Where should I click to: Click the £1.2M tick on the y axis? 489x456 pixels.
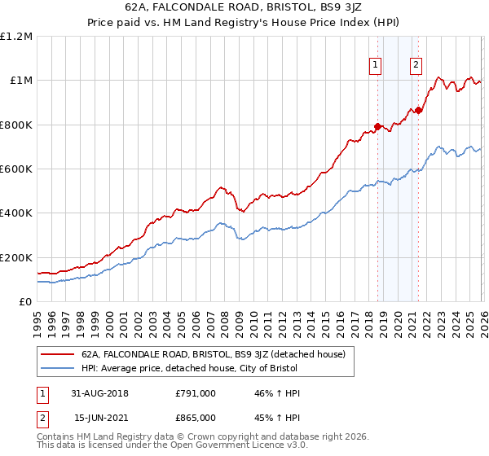(x=16, y=36)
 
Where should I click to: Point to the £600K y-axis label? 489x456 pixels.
(x=16, y=169)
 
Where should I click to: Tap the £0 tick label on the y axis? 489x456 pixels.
(x=25, y=301)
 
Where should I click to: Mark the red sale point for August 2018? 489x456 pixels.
(x=377, y=126)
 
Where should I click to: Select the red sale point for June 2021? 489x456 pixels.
(x=418, y=110)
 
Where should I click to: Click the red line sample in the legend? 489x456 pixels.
(x=58, y=354)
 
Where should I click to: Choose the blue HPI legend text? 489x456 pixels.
(x=189, y=368)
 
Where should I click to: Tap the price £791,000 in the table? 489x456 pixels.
(x=196, y=393)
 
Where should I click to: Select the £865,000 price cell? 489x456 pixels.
(x=196, y=418)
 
